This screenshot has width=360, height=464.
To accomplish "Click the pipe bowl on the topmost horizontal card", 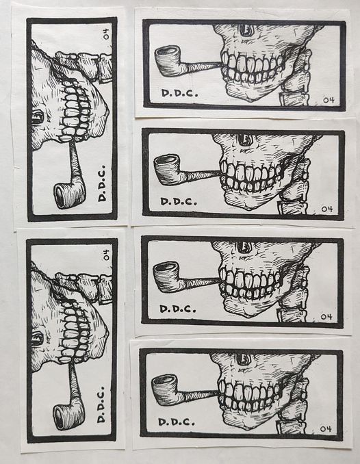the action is coord(168,61).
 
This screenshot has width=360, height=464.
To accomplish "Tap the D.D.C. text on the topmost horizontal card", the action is coord(180,93).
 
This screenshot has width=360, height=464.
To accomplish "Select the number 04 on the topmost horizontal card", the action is coord(329,100).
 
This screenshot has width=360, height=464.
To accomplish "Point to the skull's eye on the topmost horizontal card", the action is coord(246,30).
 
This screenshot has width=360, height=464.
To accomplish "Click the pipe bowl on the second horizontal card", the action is coord(167,170).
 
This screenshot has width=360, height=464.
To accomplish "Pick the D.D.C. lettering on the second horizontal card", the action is coord(179,202).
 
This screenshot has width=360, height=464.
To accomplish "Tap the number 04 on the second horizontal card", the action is coord(327,209).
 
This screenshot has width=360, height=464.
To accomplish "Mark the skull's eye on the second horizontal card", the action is coord(245,140).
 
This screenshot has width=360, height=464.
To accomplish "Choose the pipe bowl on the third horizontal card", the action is coord(166,278).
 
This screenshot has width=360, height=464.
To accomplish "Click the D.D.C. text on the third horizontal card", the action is coord(178,309).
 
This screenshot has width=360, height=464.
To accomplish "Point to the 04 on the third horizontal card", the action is coord(326,317).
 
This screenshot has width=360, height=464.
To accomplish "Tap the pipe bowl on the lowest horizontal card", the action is coord(165,389).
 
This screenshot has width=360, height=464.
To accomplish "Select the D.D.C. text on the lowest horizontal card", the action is coord(177,422).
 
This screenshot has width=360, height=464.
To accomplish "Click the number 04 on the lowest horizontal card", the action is coord(325,429).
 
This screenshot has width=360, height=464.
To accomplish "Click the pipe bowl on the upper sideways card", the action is coord(70,196).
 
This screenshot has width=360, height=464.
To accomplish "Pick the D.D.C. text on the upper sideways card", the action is coord(102,184).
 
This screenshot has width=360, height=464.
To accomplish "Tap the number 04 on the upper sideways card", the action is coord(105,34).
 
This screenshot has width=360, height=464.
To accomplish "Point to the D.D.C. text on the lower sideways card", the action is coord(101,404).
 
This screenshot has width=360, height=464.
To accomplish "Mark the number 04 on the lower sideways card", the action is coord(105,255).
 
